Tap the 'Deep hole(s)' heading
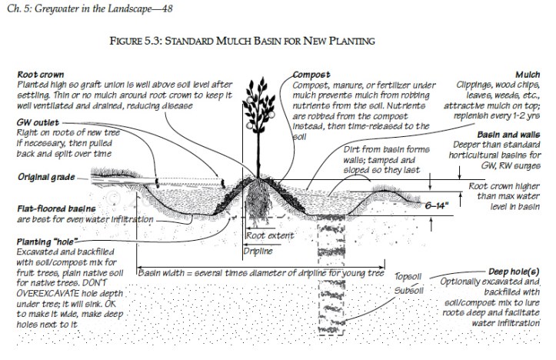pyautogui.click(x=514, y=272)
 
